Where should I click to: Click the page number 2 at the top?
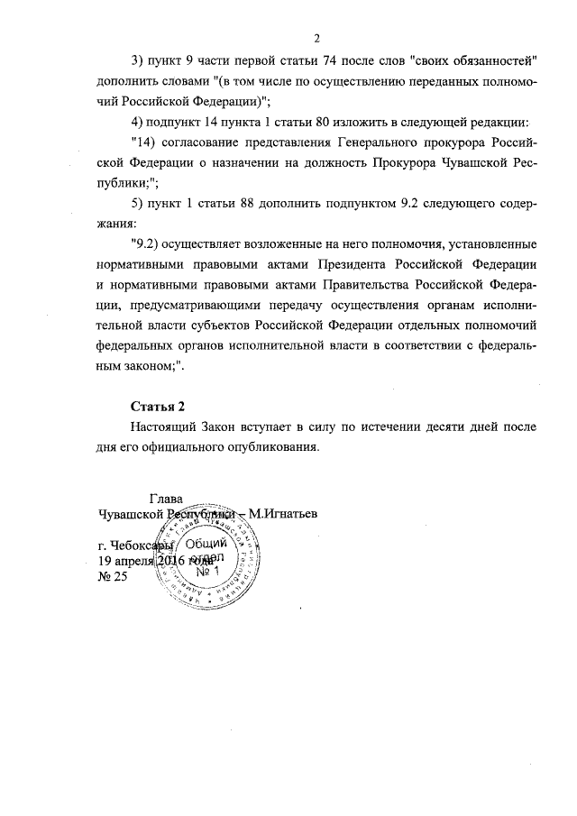coord(317,37)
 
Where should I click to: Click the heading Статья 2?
coord(158,404)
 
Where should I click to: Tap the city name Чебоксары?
coord(142,546)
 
